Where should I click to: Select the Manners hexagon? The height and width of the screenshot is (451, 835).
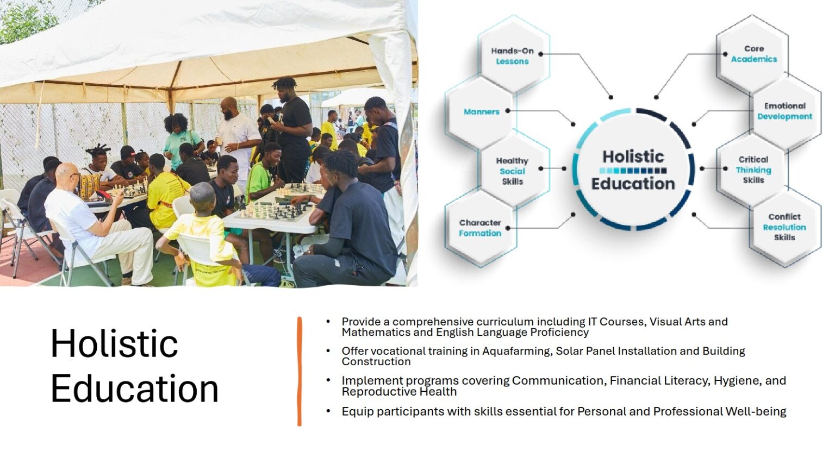click(x=481, y=112)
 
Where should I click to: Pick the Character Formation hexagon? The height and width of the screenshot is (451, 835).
click(x=481, y=228)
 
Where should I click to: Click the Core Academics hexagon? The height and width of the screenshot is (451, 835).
click(x=752, y=54)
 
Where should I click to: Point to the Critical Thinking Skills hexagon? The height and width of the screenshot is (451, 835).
click(x=752, y=170)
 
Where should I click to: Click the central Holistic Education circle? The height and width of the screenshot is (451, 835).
click(x=633, y=170)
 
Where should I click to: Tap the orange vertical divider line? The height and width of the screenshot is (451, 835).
click(x=300, y=371)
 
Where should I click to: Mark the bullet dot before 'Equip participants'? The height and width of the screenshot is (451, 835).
click(x=328, y=411)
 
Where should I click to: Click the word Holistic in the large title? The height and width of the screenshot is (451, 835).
click(x=114, y=343)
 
